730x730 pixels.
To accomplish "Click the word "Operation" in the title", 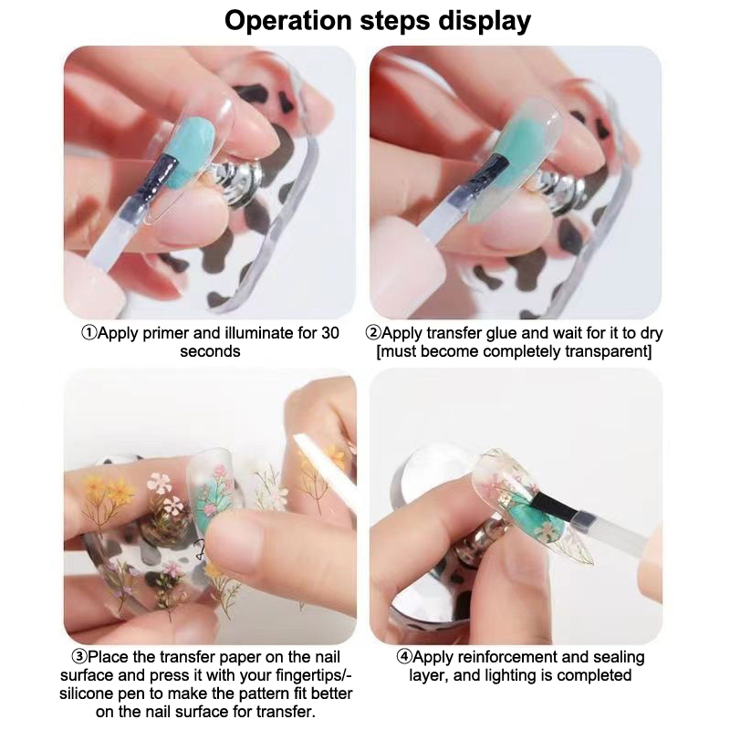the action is click(x=287, y=21).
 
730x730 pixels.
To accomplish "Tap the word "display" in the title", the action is click(x=484, y=21).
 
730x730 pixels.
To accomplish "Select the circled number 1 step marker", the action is click(x=89, y=333).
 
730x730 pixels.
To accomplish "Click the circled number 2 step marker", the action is click(x=373, y=333).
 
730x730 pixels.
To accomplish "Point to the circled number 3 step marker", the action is click(x=79, y=657).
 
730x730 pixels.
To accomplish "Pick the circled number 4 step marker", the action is click(x=404, y=657).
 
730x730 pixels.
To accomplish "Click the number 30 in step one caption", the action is click(x=329, y=333).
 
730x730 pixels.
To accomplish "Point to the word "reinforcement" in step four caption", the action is click(x=507, y=657).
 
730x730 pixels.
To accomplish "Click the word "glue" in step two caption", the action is click(x=501, y=334).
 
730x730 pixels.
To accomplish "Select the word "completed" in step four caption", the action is click(x=601, y=676).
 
